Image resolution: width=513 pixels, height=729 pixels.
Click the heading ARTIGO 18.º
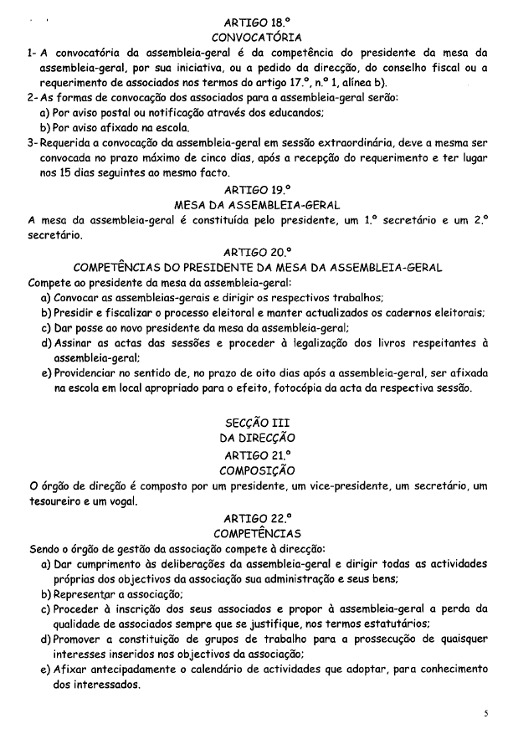coord(257,23)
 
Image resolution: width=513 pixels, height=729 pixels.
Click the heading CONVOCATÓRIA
coord(257,39)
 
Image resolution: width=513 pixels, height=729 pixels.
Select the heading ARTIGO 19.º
coord(257,190)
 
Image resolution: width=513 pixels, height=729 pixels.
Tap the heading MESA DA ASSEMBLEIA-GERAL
coord(257,205)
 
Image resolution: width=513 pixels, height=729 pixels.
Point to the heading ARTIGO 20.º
coord(257,251)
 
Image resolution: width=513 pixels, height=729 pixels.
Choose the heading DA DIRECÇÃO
coord(257,438)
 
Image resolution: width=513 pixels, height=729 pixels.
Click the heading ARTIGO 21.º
coord(257,454)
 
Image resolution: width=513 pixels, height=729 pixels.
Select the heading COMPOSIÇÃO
coord(257,470)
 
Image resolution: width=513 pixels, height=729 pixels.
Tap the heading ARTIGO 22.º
coord(257,517)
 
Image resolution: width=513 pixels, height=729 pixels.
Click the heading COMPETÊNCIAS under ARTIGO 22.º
coord(257,532)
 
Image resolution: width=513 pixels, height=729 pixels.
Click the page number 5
coord(485,713)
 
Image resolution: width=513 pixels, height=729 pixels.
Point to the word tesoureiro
coord(59,501)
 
